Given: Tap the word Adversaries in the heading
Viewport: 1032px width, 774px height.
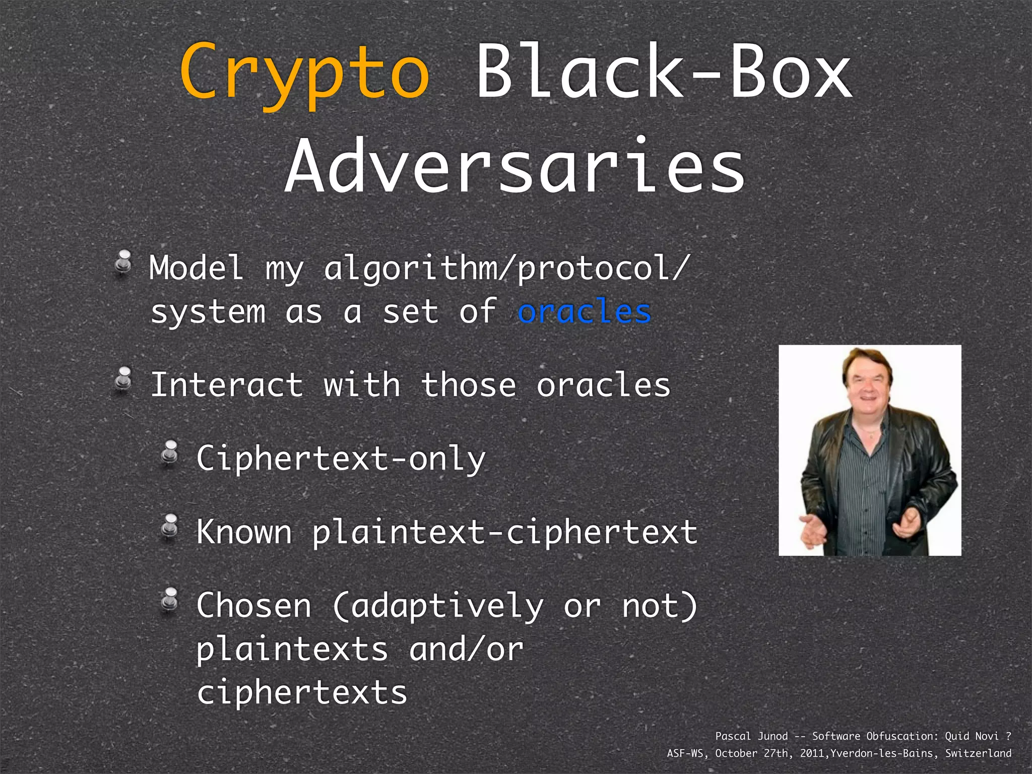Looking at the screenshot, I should pyautogui.click(x=515, y=166).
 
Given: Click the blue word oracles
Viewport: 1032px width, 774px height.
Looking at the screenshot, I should pyautogui.click(x=585, y=311).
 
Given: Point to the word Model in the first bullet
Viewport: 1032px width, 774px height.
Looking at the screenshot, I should pyautogui.click(x=197, y=268).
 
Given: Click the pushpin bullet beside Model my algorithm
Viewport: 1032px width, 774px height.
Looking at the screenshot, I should pyautogui.click(x=123, y=263).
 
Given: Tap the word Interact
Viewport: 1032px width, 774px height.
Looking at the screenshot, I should pyautogui.click(x=227, y=385).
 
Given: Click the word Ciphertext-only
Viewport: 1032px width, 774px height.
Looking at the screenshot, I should pyautogui.click(x=341, y=459).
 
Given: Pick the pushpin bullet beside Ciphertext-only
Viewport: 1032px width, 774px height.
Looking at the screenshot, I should pyautogui.click(x=169, y=453).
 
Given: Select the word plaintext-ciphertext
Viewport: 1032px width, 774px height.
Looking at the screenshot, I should pyautogui.click(x=504, y=533).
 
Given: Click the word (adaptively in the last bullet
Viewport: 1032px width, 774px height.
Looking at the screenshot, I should pyautogui.click(x=438, y=606).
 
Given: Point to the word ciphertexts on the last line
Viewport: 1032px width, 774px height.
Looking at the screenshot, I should pyautogui.click(x=301, y=692).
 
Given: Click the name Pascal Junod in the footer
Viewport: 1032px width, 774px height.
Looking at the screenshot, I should pyautogui.click(x=751, y=736).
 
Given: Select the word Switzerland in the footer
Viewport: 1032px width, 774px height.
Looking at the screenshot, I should pyautogui.click(x=978, y=753).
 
